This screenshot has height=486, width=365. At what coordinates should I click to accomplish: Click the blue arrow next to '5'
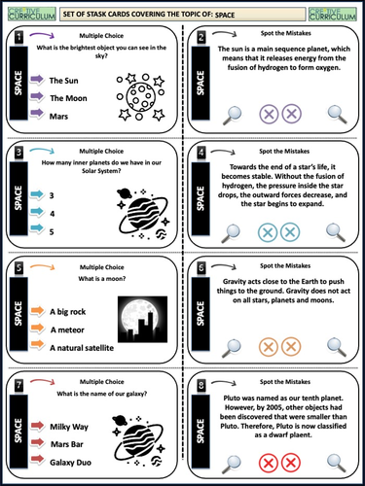coord(34,231)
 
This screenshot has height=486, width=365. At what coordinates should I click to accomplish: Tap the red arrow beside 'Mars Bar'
coord(34,443)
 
